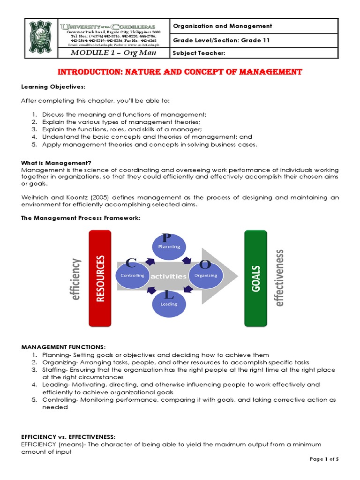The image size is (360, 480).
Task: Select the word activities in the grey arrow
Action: [x=168, y=277]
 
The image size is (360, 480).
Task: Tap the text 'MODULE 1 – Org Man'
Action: [x=112, y=53]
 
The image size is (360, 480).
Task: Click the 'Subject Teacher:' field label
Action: [x=199, y=53]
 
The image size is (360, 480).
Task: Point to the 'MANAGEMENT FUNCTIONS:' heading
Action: [x=64, y=347]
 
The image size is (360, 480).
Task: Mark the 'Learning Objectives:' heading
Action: [x=46, y=87]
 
